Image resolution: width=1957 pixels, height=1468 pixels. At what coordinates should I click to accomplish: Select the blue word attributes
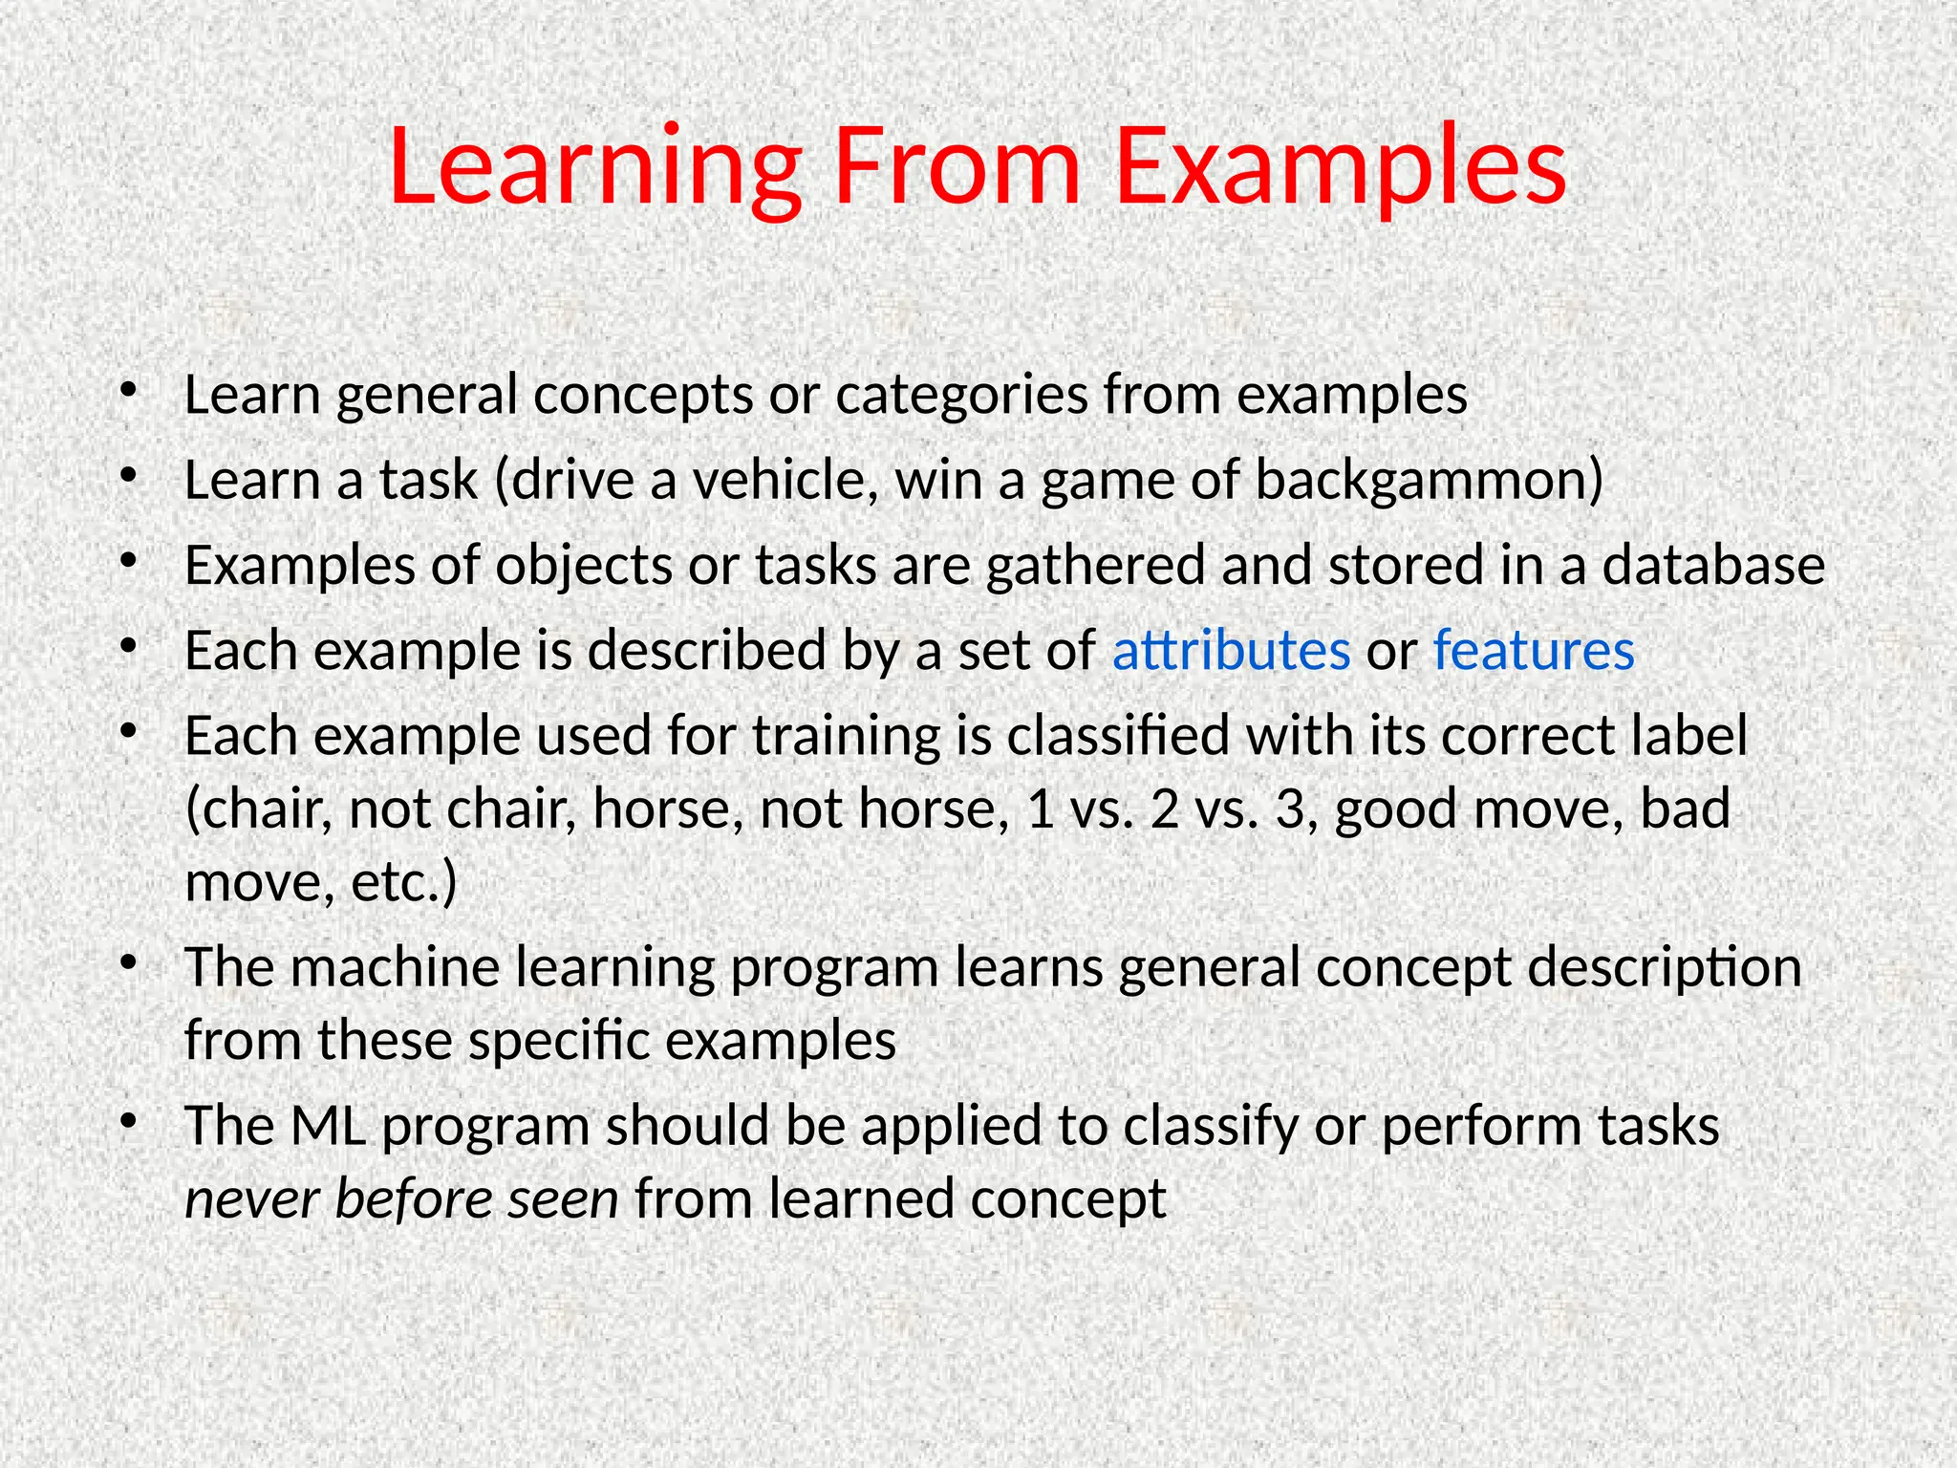(1231, 652)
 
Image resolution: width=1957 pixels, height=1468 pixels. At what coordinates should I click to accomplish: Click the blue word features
(1534, 652)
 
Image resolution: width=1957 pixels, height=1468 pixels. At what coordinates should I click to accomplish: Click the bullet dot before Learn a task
(130, 475)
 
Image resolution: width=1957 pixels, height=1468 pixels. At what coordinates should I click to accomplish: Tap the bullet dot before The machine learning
(130, 962)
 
